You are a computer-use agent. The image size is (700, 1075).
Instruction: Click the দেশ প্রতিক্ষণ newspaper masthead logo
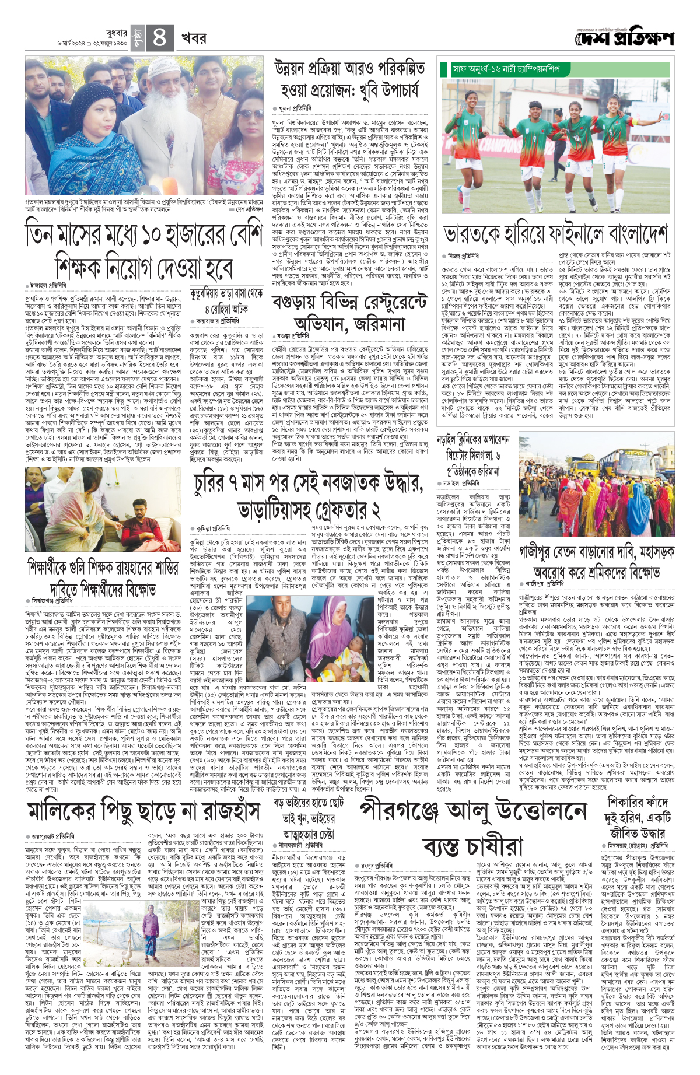[x=624, y=38]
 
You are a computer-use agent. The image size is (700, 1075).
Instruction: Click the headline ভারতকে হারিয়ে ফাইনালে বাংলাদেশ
[x=555, y=234]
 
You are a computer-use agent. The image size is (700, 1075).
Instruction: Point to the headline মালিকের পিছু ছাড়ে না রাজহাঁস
[x=143, y=810]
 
